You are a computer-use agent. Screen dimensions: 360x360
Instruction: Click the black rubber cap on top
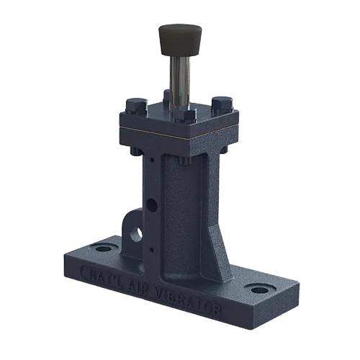click(x=179, y=39)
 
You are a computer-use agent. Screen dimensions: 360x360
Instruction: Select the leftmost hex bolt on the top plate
click(x=136, y=107)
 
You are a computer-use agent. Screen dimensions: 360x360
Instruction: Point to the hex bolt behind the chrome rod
click(x=167, y=95)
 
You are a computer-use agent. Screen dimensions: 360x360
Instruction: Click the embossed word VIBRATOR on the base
click(x=188, y=300)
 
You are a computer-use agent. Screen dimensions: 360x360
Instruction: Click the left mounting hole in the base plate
click(x=102, y=248)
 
